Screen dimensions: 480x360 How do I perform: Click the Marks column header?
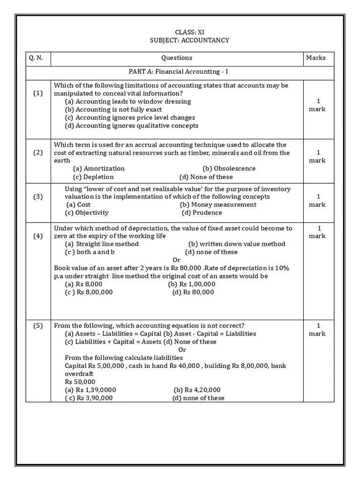pyautogui.click(x=315, y=58)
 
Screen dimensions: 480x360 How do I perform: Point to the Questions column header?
pyautogui.click(x=177, y=58)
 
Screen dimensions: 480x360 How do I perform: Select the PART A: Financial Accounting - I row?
pyautogui.click(x=178, y=72)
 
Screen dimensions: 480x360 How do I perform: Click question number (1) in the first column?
pyautogui.click(x=38, y=93)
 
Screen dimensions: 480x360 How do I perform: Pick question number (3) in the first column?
pyautogui.click(x=38, y=197)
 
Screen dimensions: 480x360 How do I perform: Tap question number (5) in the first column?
pyautogui.click(x=38, y=326)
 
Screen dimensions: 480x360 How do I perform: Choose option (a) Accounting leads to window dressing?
pyautogui.click(x=127, y=101)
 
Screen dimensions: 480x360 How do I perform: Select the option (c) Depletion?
pyautogui.click(x=93, y=177)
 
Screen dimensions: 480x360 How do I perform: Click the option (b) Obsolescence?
pyautogui.click(x=229, y=168)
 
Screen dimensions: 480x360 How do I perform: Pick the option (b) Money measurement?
pyautogui.click(x=218, y=205)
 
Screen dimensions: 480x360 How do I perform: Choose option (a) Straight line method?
pyautogui.click(x=102, y=244)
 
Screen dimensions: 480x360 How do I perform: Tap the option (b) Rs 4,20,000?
pyautogui.click(x=197, y=390)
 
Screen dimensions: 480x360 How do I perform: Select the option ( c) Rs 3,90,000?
pyautogui.click(x=89, y=398)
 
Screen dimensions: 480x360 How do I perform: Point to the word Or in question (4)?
pyautogui.click(x=177, y=260)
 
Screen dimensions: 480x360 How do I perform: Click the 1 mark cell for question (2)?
pyautogui.click(x=317, y=157)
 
